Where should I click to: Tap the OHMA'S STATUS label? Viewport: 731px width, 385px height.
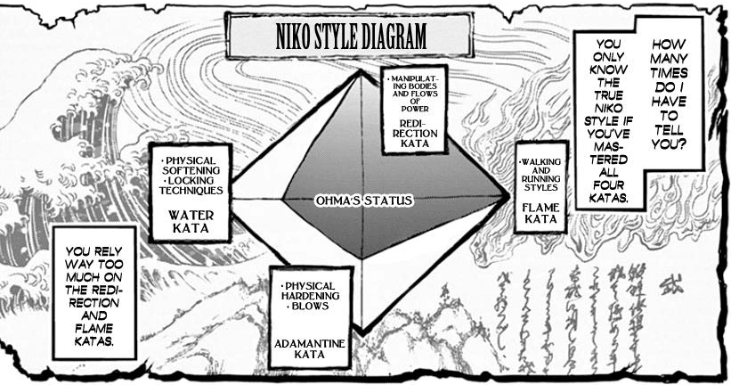363,201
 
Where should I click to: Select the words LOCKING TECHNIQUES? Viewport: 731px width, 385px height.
189,184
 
